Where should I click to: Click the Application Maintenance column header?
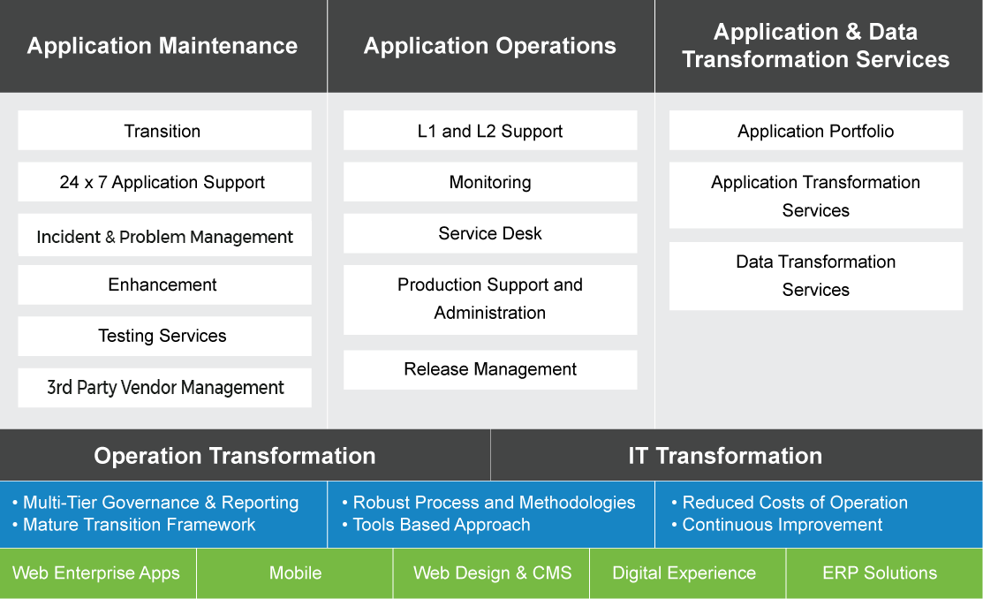[163, 46]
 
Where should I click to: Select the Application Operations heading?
[490, 46]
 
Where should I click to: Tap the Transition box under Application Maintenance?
[163, 131]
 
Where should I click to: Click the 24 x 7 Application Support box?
[163, 182]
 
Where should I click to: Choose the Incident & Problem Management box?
[164, 237]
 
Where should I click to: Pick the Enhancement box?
[163, 284]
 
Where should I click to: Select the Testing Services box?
[163, 336]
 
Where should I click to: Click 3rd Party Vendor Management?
[164, 387]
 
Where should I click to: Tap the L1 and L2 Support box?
[490, 131]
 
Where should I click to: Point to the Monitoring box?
[490, 182]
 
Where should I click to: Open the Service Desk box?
[490, 233]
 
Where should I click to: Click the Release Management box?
[490, 369]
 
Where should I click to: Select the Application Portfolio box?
[816, 131]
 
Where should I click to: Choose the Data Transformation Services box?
[816, 276]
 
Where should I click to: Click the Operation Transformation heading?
[235, 456]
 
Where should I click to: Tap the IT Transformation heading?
[725, 456]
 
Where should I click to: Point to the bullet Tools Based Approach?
[442, 525]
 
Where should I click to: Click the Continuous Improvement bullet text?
[783, 525]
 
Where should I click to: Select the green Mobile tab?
[295, 572]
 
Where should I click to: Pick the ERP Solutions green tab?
[880, 572]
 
